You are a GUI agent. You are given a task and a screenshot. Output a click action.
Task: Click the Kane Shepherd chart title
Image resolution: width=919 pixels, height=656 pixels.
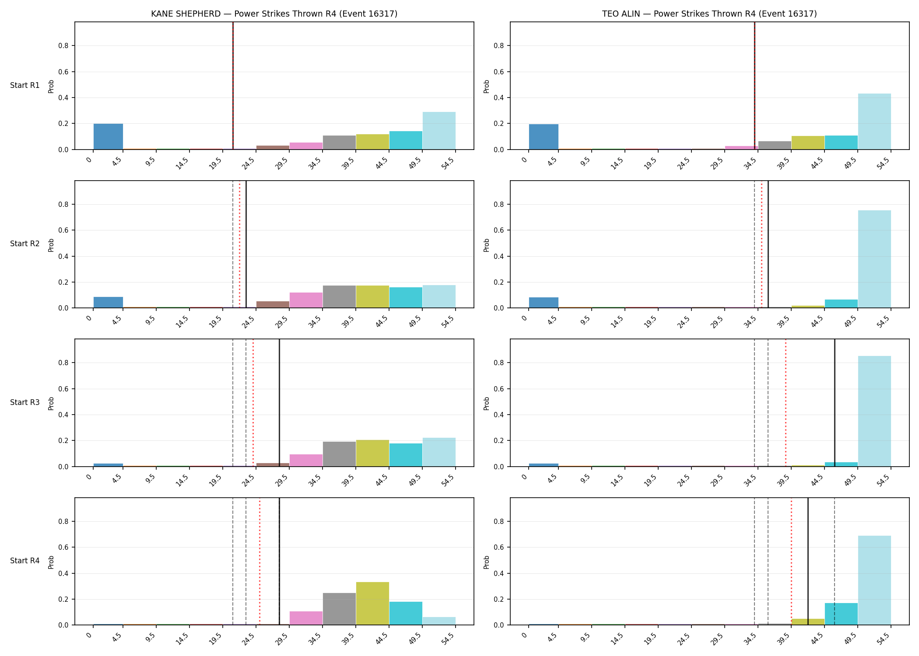click(x=274, y=14)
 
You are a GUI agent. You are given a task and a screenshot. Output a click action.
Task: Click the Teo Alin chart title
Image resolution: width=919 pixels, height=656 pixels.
click(x=709, y=14)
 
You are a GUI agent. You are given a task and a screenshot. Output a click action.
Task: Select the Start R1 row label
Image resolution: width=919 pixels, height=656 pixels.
click(x=25, y=85)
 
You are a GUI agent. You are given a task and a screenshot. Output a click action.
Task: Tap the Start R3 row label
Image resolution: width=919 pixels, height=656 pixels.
click(x=25, y=402)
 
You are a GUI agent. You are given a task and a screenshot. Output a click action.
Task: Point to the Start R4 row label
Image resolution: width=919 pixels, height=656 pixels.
click(x=25, y=561)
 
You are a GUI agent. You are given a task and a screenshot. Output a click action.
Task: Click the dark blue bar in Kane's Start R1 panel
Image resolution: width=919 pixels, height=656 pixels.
click(x=108, y=136)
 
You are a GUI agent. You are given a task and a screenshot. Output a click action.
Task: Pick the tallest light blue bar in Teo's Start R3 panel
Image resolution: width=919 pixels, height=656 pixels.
click(x=874, y=411)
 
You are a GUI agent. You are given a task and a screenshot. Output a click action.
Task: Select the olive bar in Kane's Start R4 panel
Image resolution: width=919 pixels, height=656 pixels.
click(x=372, y=604)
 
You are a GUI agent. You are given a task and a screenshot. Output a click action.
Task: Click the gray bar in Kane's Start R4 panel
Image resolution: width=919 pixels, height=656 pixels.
click(x=339, y=609)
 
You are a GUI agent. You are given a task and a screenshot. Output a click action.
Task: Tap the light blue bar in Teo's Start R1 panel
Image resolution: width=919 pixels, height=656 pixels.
click(x=874, y=122)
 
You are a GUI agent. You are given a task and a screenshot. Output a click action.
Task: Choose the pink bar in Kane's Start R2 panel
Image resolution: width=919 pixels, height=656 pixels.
click(x=306, y=300)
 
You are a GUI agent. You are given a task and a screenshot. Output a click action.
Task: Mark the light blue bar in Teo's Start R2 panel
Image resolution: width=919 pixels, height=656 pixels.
click(x=874, y=259)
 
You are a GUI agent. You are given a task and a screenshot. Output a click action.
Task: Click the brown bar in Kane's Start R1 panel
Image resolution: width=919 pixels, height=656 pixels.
click(x=273, y=147)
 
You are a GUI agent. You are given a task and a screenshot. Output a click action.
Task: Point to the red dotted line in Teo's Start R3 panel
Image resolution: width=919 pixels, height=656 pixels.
click(x=786, y=403)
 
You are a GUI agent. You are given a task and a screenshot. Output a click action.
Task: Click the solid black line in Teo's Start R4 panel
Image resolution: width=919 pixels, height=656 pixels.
click(x=808, y=561)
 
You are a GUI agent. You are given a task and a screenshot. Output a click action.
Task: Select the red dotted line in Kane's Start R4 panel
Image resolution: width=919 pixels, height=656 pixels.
click(x=260, y=561)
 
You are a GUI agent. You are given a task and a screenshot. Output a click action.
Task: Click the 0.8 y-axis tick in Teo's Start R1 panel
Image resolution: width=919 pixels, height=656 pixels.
click(x=499, y=45)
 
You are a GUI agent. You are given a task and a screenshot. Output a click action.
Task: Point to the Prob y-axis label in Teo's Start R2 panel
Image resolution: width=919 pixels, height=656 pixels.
click(x=487, y=245)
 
